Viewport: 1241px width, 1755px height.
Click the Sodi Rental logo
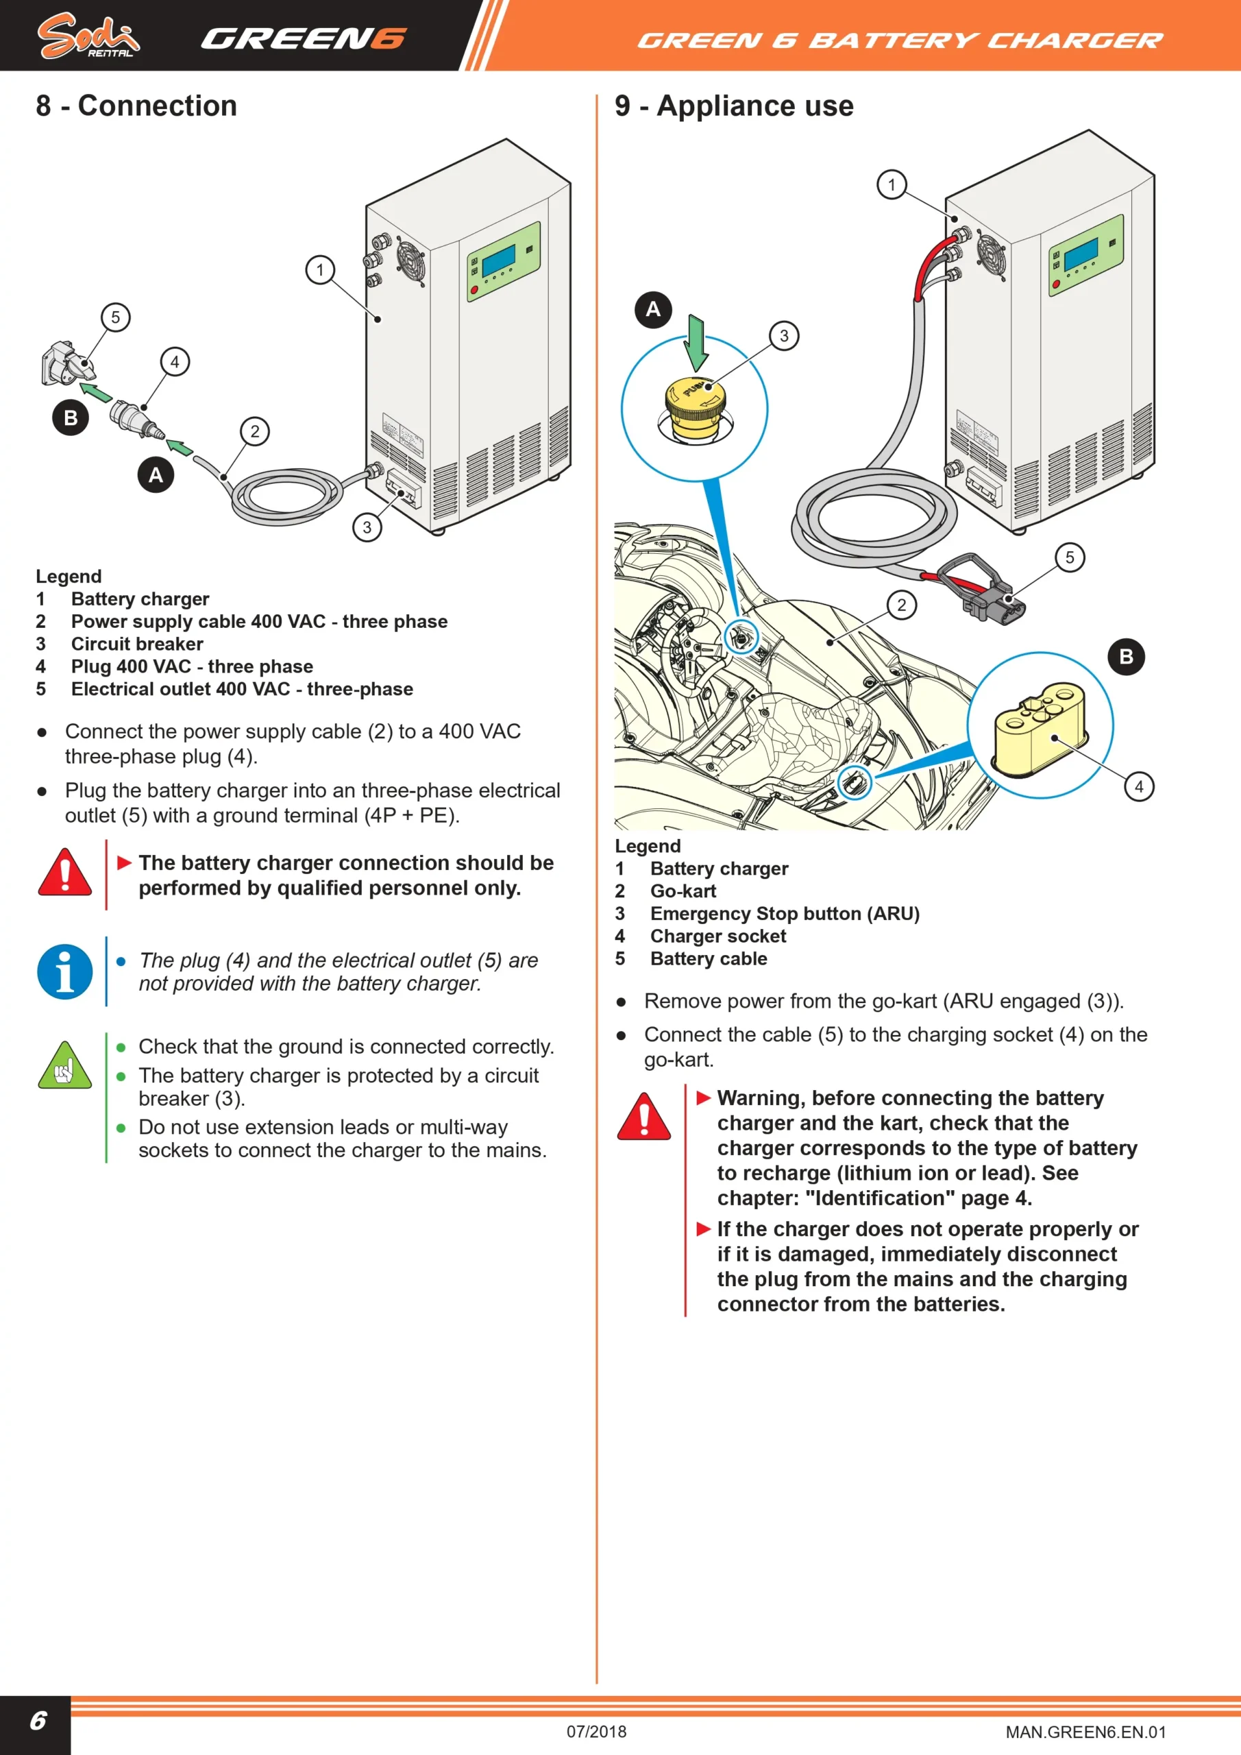coord(88,36)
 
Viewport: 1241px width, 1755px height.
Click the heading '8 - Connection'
coord(136,106)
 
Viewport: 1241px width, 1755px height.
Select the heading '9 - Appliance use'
coord(734,106)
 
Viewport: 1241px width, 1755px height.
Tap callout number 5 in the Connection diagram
coord(115,317)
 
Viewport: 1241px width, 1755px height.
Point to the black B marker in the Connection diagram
coord(71,418)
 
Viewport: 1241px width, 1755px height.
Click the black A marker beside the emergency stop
coord(652,310)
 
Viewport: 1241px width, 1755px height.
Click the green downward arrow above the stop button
coord(696,343)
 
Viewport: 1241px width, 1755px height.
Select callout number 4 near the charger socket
coord(1139,786)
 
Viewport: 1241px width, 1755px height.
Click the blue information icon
coord(65,972)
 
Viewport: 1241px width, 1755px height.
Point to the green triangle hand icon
coord(65,1065)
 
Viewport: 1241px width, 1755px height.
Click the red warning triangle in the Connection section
coord(65,872)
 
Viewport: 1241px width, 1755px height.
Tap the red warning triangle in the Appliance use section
coord(644,1117)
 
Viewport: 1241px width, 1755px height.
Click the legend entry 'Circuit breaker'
coord(138,644)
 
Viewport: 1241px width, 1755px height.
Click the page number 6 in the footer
coord(38,1721)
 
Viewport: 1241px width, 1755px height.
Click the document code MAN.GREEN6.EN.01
coord(1085,1732)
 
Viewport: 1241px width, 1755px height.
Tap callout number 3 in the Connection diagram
coord(367,526)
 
